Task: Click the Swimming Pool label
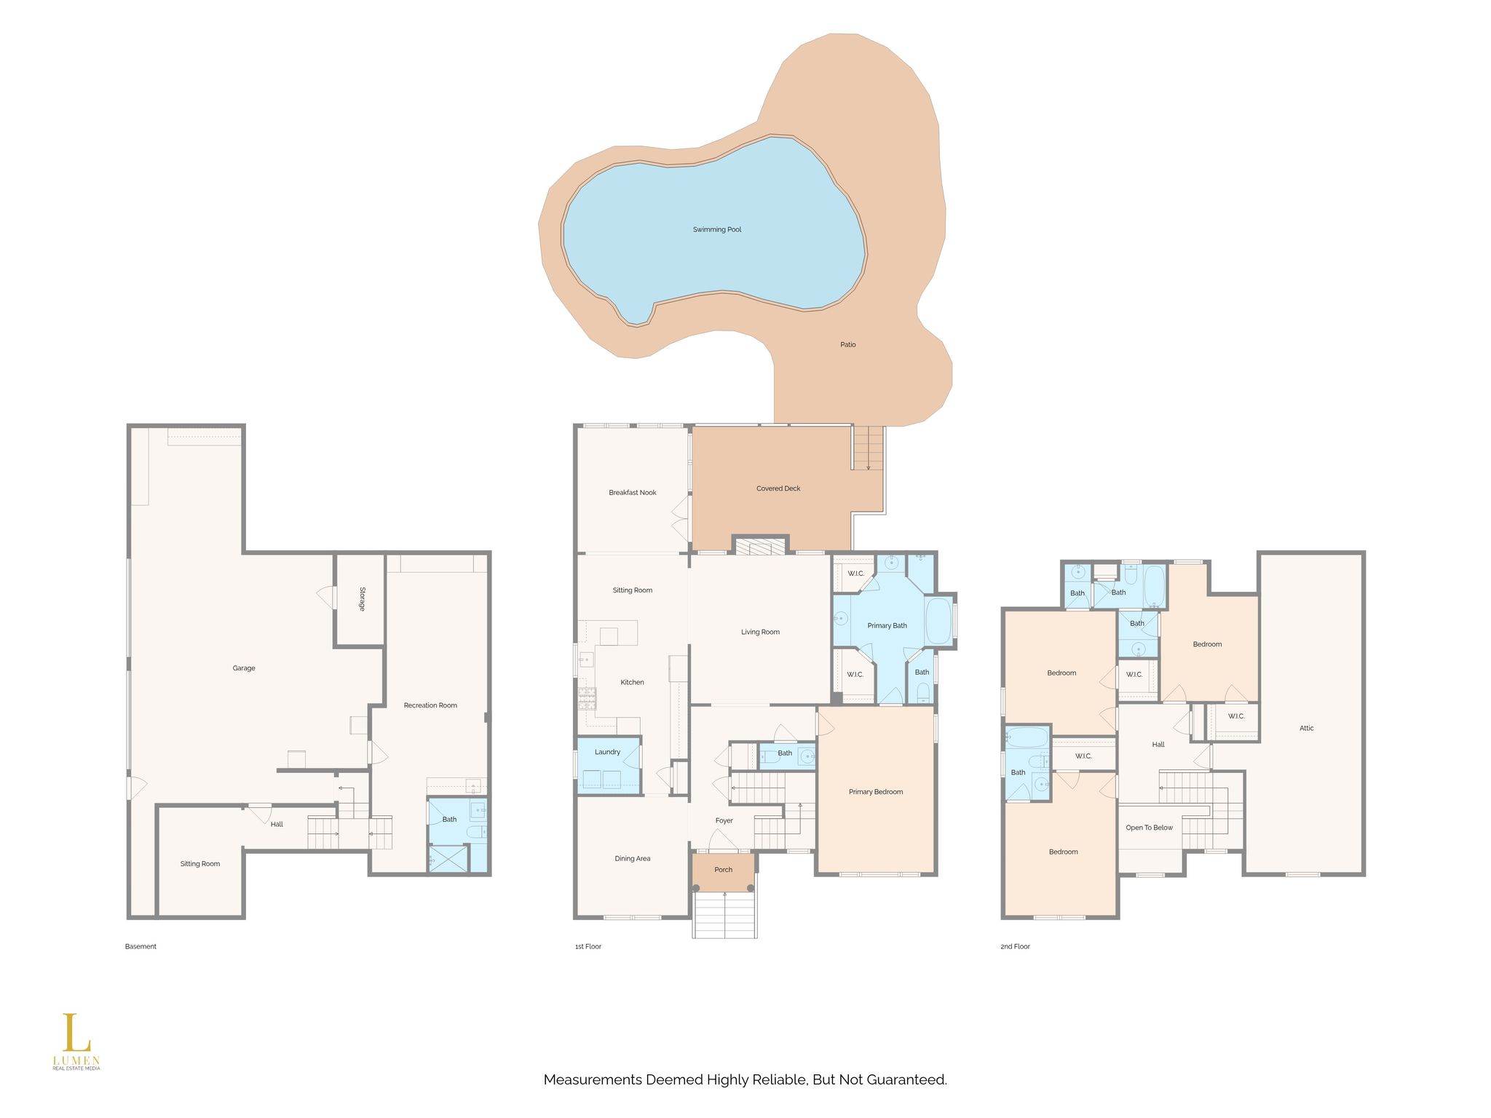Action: tap(717, 229)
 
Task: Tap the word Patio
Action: tap(848, 344)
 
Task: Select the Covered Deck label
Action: tap(778, 488)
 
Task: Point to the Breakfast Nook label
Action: tap(633, 493)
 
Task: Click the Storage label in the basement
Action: tap(362, 598)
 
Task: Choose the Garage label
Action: tap(244, 668)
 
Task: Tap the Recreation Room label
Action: tap(430, 705)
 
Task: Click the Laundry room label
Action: tap(607, 752)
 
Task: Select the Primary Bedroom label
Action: tap(876, 792)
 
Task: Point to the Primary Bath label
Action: tap(887, 625)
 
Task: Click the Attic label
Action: tap(1307, 728)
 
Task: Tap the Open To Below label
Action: tap(1150, 828)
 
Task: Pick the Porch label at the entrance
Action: tap(724, 870)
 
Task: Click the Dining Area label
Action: tap(633, 859)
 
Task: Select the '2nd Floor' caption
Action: tap(1016, 947)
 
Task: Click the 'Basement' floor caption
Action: tap(141, 947)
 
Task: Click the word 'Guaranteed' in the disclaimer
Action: tap(906, 1080)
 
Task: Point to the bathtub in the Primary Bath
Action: tap(939, 621)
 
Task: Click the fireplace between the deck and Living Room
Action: tap(760, 546)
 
